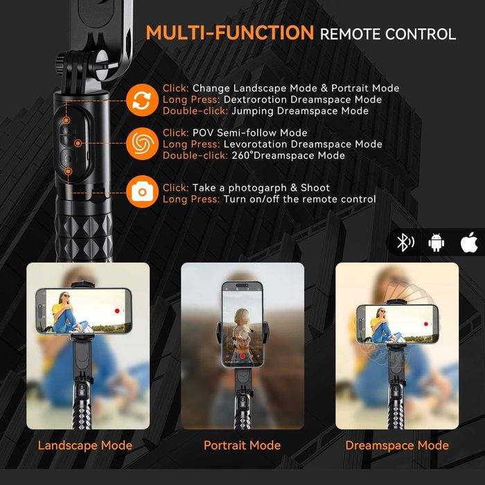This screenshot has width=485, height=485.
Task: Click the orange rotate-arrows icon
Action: [x=142, y=99]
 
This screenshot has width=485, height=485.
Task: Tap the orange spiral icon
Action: [x=142, y=144]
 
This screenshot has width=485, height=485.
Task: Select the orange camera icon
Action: [x=142, y=190]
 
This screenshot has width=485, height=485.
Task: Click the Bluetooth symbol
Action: [x=403, y=242]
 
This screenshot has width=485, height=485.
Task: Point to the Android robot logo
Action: [x=436, y=242]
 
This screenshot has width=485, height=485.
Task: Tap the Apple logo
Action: [x=468, y=242]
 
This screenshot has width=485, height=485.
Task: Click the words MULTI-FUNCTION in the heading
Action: [x=229, y=33]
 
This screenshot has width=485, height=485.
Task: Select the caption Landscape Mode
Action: [x=85, y=446]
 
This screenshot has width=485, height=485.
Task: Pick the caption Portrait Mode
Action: [x=242, y=446]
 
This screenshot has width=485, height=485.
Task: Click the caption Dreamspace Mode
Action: [x=397, y=446]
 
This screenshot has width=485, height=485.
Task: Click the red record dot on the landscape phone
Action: [x=117, y=311]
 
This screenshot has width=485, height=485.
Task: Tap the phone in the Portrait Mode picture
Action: [x=242, y=324]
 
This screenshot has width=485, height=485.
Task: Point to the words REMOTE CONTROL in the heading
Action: [x=387, y=34]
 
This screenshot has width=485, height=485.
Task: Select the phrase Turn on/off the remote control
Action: [x=299, y=200]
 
